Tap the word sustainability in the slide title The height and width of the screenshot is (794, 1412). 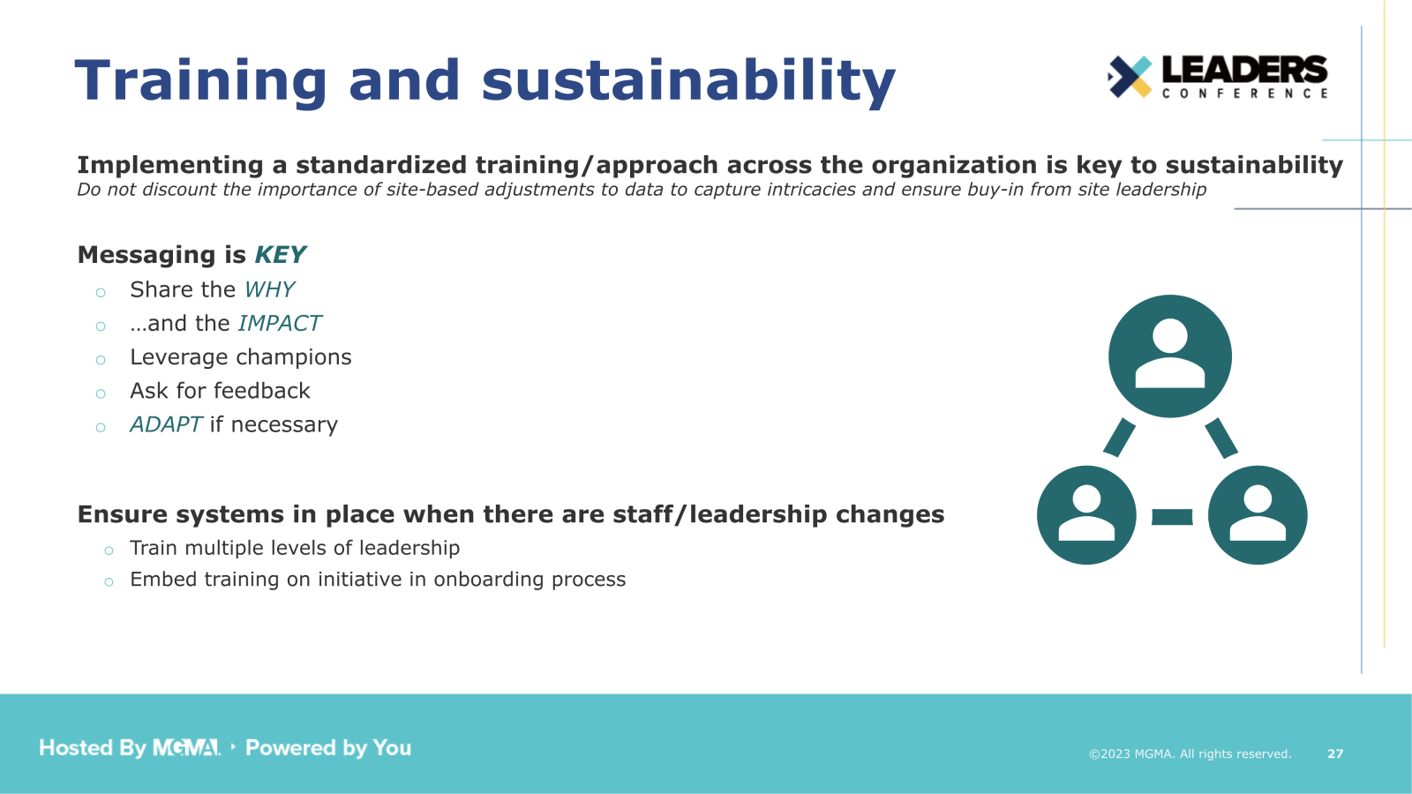(x=688, y=81)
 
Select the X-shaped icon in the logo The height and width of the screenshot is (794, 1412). (x=1130, y=77)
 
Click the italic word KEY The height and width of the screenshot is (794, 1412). (x=280, y=255)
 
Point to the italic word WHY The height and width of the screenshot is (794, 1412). (x=269, y=289)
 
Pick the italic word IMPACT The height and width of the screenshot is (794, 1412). (x=280, y=324)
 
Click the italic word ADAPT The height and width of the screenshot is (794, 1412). (x=166, y=424)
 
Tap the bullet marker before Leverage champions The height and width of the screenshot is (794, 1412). (x=101, y=360)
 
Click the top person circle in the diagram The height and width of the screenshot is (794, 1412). (x=1169, y=356)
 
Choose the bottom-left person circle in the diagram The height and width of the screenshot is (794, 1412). (x=1086, y=515)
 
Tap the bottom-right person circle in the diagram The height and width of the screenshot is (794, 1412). (x=1257, y=515)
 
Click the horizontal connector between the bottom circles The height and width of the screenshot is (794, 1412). (x=1172, y=517)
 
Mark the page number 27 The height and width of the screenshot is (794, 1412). (x=1335, y=753)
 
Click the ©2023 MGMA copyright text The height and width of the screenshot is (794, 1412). (x=1189, y=753)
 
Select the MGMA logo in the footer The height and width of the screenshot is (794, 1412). (x=186, y=748)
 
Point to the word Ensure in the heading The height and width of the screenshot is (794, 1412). (x=123, y=514)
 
